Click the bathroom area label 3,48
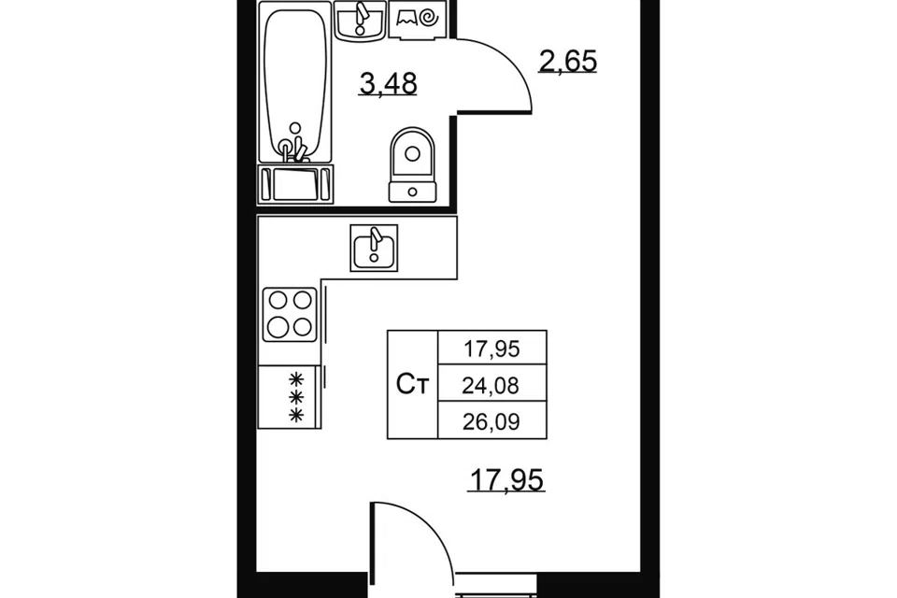point(388,83)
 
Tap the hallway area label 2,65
point(567,61)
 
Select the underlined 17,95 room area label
point(505,479)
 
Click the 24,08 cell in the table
point(491,385)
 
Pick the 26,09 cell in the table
point(491,421)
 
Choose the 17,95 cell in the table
point(491,348)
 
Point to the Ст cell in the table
point(412,385)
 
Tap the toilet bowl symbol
point(412,153)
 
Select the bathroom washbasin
point(361,21)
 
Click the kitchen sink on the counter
point(374,249)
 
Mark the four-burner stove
point(290,315)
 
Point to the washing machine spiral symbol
point(429,19)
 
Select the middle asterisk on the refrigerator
point(296,396)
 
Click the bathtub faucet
point(294,144)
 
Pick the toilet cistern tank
point(412,192)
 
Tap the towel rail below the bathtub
point(296,184)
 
